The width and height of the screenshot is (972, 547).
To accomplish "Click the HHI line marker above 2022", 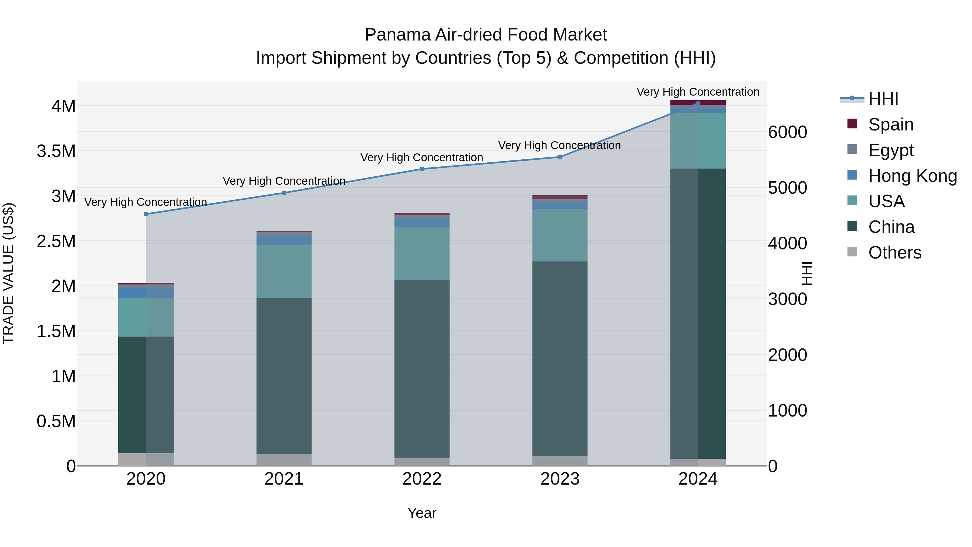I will tap(422, 169).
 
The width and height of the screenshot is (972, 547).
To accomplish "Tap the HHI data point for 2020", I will tap(146, 214).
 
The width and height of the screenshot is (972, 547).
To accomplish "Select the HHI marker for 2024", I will tap(698, 103).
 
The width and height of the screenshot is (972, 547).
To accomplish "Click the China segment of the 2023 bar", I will tap(560, 359).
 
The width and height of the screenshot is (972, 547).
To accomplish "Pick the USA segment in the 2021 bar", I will tap(284, 271).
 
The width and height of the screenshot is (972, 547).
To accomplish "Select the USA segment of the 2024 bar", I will tap(698, 140).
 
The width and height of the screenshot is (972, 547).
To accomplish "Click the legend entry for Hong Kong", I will tap(912, 176).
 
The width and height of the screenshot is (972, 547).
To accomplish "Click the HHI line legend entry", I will tap(883, 99).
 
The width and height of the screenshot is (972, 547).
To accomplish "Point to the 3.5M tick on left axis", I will tap(56, 151).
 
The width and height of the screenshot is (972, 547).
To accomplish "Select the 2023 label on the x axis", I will tap(560, 479).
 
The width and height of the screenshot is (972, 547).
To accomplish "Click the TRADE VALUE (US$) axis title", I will tap(8, 273).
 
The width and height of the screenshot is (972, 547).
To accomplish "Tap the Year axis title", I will tap(422, 513).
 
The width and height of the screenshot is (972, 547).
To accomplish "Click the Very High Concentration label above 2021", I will tap(284, 181).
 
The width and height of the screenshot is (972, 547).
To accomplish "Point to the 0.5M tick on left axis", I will tap(56, 421).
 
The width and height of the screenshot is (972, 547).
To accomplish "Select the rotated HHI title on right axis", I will tap(806, 273).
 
